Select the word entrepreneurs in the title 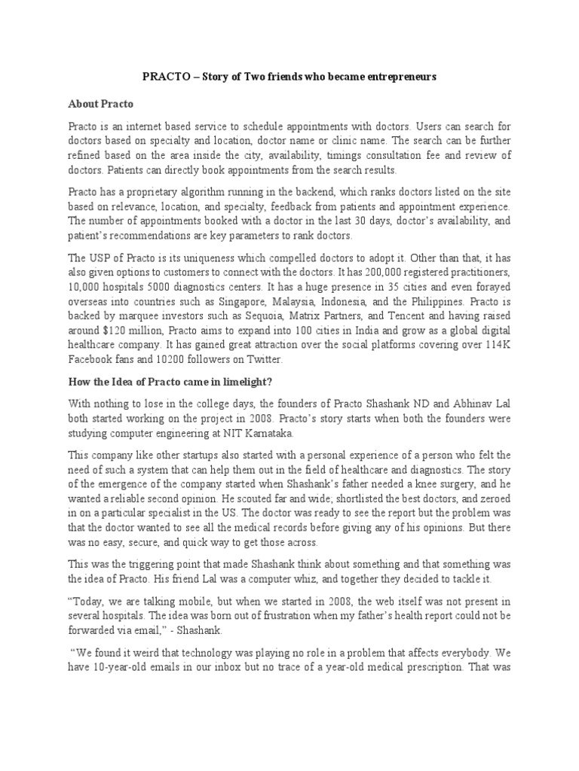pyautogui.click(x=398, y=77)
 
